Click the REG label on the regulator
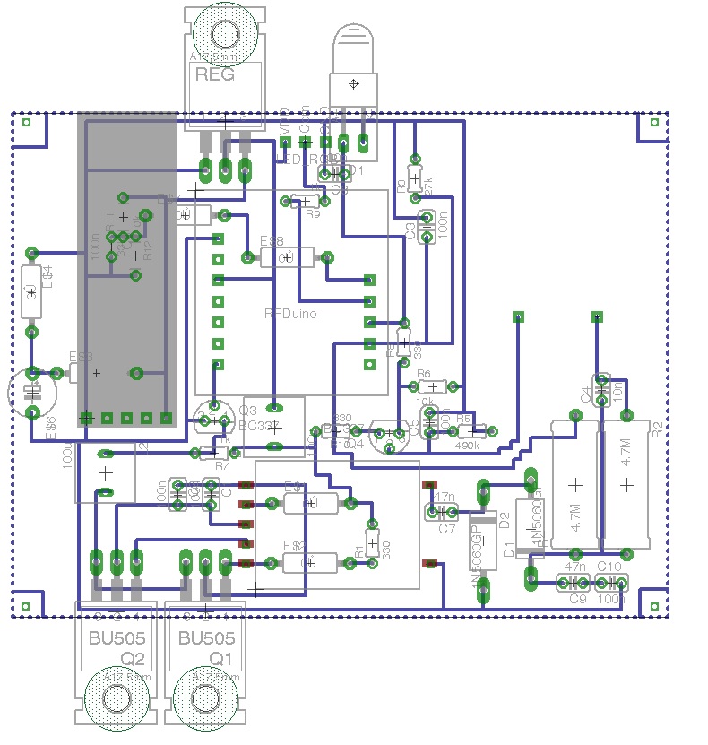pos(215,74)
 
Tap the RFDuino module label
pos(291,313)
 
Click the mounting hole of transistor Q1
pos(207,698)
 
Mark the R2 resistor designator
pos(659,429)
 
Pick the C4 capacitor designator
pos(586,394)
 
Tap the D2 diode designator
pos(505,519)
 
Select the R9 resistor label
pos(313,214)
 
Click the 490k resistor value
pos(468,445)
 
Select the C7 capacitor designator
pos(447,529)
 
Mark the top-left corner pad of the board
pos(26,122)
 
